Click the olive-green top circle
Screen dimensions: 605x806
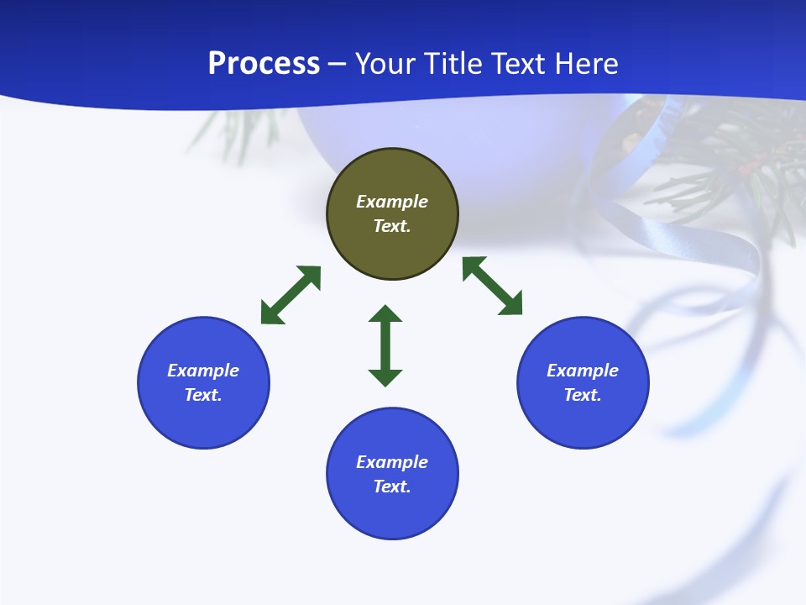point(392,214)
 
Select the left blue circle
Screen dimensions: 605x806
point(203,382)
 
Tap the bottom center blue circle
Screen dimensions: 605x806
point(392,474)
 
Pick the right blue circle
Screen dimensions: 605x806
point(583,382)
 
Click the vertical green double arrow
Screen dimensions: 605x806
point(385,345)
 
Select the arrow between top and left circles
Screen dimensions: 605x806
point(290,295)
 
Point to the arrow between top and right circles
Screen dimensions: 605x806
point(493,286)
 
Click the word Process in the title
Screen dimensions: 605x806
point(264,63)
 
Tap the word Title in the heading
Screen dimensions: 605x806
point(453,63)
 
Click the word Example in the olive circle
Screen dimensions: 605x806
point(392,202)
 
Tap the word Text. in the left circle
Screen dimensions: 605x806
point(203,395)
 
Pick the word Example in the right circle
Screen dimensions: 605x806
point(583,371)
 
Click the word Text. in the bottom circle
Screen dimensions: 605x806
point(392,487)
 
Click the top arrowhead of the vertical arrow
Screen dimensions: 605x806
point(385,313)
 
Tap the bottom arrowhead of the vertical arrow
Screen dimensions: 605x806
point(385,377)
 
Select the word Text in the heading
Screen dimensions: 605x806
point(520,63)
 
